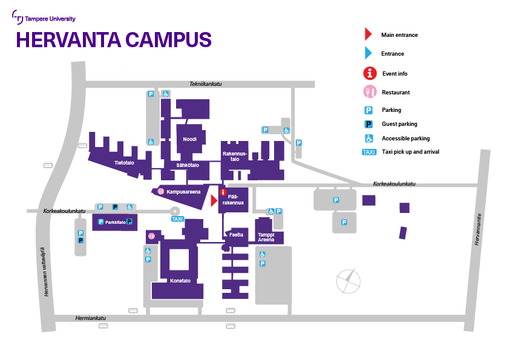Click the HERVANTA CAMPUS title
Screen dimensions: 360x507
tap(114, 39)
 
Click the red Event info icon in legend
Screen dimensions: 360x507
tap(369, 73)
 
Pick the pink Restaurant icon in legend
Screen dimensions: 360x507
tap(368, 92)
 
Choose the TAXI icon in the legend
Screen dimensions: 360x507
tap(368, 152)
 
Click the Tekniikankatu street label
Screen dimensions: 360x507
tap(206, 84)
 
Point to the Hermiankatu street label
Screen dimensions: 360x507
tap(90, 318)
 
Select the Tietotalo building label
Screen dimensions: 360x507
tap(124, 162)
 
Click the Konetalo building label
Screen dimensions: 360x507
tap(180, 281)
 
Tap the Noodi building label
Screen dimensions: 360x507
tap(190, 139)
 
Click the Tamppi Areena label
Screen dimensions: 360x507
tap(266, 237)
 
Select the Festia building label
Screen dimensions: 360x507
tap(236, 234)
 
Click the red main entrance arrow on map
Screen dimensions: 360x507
tap(214, 200)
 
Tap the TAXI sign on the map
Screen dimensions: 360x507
tap(177, 219)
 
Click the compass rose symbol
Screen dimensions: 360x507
tap(348, 281)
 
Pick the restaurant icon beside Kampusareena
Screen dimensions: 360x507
tap(161, 191)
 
